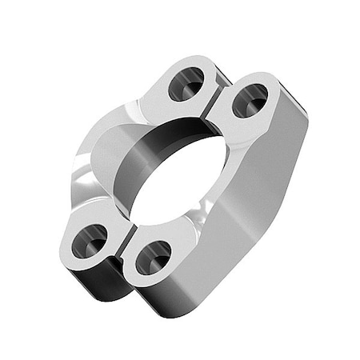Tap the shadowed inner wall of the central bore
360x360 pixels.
click(x=172, y=144)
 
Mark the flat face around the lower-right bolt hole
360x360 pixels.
click(x=172, y=240)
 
